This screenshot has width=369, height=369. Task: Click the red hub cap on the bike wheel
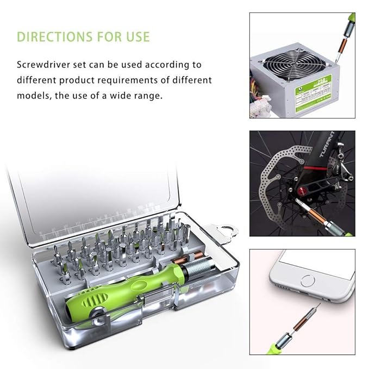tap(302, 191)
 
